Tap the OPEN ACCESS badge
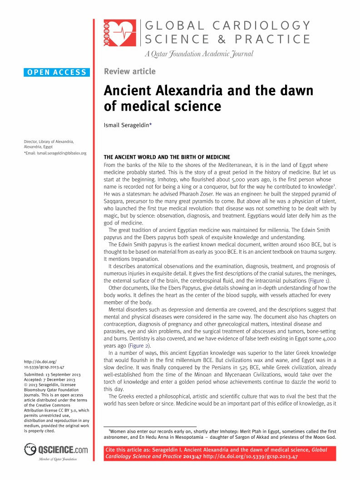coord(57,72)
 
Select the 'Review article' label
coord(129,71)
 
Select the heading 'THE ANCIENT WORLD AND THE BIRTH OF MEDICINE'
coord(167,157)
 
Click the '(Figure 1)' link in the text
coord(320,281)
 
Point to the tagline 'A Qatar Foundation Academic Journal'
coord(198,54)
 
